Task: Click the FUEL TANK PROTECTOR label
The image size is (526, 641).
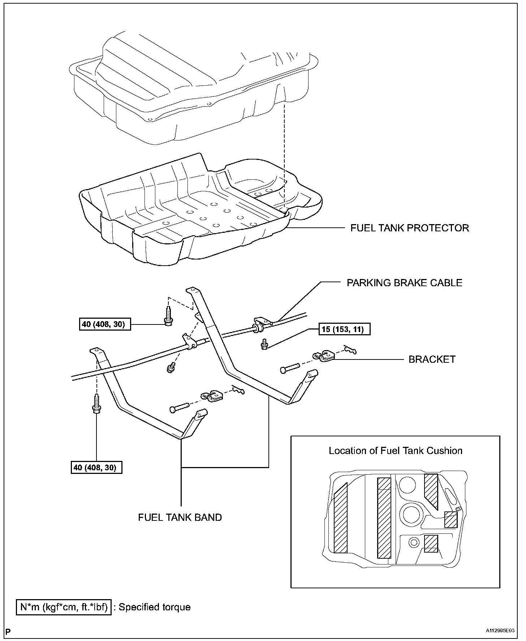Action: point(410,228)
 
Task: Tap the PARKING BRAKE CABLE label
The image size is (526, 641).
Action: point(404,283)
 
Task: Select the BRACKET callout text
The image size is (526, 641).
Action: point(432,359)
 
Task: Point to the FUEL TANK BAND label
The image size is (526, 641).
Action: point(180,517)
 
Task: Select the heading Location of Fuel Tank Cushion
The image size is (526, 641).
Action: point(395,451)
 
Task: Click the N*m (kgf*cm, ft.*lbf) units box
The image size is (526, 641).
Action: point(64,607)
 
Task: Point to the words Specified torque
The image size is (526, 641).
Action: point(154,607)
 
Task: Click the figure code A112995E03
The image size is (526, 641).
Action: point(500,631)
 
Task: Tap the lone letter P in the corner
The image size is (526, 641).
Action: point(8,631)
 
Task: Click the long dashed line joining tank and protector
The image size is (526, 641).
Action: point(284,155)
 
